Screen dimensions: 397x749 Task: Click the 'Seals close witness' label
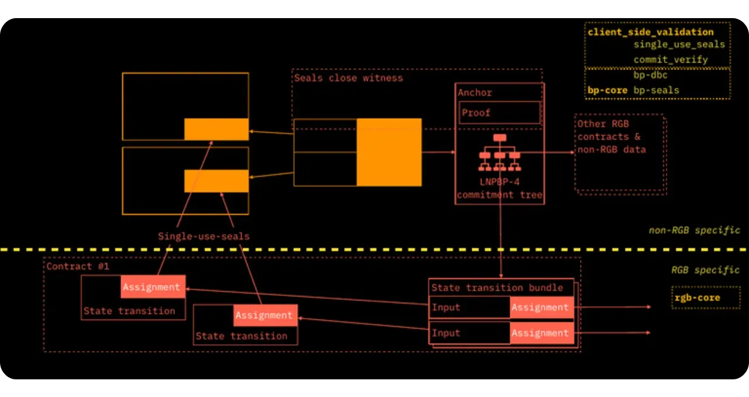coord(348,78)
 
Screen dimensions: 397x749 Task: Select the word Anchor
coord(475,92)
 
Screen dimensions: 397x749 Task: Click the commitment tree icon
coord(499,152)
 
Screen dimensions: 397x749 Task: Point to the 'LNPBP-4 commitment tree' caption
coord(499,188)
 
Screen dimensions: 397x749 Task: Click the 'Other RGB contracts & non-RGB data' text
coord(611,137)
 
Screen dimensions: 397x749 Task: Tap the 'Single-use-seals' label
coord(204,236)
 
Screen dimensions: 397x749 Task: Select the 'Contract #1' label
coord(70,266)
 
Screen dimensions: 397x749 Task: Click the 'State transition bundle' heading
coord(497,287)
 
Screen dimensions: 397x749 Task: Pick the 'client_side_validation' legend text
coord(650,32)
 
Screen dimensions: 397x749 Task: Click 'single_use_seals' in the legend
coord(679,44)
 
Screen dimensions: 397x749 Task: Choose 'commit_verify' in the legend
coord(671,60)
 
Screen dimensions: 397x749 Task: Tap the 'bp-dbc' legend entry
coord(650,75)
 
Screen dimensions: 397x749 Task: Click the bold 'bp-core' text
coord(607,90)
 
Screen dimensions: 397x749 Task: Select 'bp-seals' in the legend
coord(656,90)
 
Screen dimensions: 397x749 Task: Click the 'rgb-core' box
coord(697,298)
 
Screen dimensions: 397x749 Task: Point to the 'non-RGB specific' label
coord(694,230)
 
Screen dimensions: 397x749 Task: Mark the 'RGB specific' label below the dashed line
coord(705,270)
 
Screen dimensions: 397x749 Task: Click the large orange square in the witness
coord(389,152)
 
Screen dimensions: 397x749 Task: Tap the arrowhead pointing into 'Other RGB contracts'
coord(572,152)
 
